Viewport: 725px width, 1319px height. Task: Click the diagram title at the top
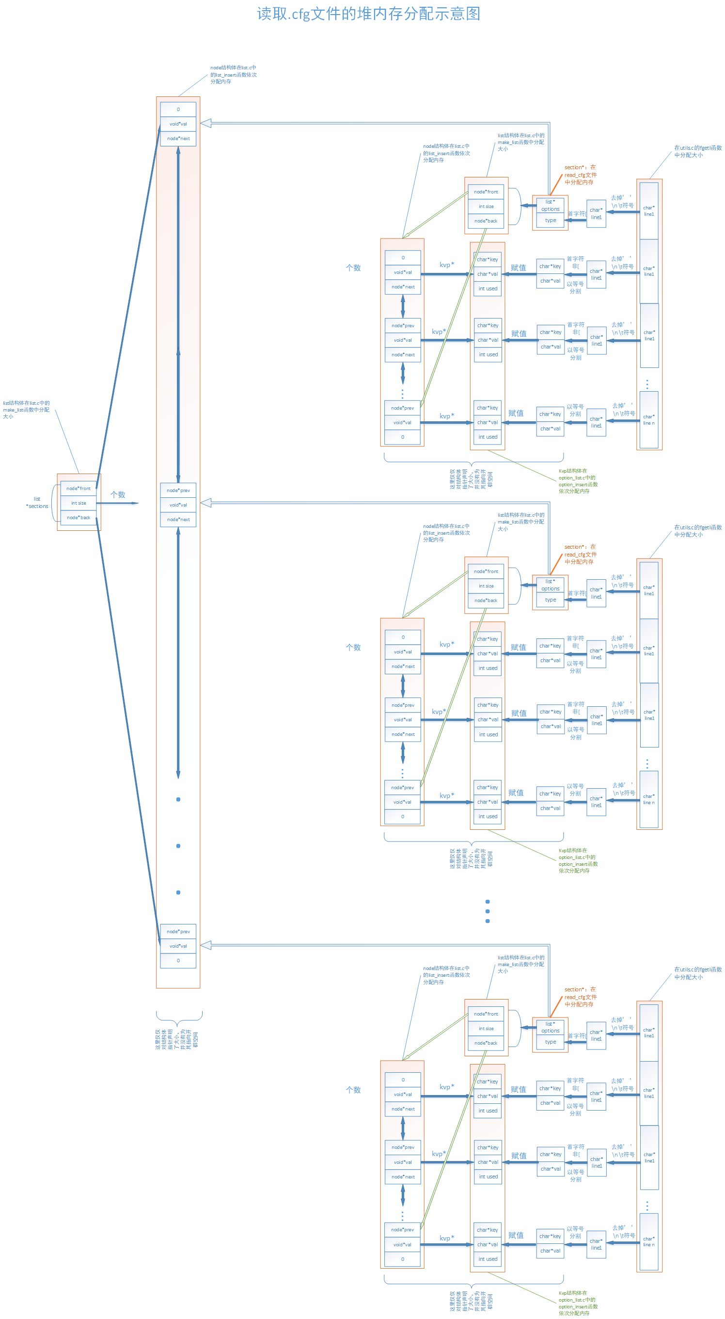[x=368, y=14]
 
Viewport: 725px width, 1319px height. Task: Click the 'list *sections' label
[x=37, y=502]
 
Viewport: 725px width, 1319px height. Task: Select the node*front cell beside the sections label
[x=79, y=489]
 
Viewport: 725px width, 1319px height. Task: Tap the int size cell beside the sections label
[x=79, y=503]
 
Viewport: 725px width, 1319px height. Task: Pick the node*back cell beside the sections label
[x=79, y=518]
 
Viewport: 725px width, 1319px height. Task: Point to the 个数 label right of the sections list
[x=118, y=494]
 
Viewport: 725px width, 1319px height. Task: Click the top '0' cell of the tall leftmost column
[x=178, y=110]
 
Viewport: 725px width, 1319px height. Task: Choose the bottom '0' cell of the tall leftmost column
[x=178, y=961]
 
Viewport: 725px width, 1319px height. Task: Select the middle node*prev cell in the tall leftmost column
[x=178, y=491]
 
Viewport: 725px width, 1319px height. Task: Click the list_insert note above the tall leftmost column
[x=233, y=75]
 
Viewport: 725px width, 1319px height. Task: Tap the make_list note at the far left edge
[x=26, y=410]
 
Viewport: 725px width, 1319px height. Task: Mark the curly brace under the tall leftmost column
[x=179, y=1016]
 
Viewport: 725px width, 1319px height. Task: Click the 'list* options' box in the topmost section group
[x=551, y=206]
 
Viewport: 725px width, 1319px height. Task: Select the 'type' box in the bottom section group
[x=551, y=1042]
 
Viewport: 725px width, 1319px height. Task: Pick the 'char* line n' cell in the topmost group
[x=649, y=420]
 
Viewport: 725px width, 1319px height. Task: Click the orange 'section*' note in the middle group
[x=580, y=555]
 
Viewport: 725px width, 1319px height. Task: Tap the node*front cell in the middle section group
[x=486, y=572]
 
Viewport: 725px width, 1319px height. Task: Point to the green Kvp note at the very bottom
[x=578, y=1303]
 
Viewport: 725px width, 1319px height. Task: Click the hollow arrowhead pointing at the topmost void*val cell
[x=206, y=124]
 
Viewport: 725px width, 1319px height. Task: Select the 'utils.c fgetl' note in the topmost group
[x=697, y=152]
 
